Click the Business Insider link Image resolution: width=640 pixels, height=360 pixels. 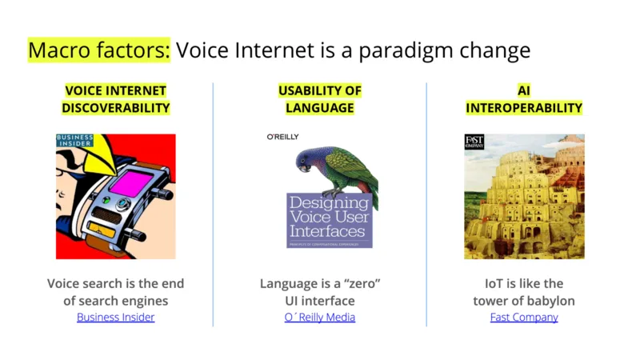click(115, 317)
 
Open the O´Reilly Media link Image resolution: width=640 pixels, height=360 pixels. click(319, 317)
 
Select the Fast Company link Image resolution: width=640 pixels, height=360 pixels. click(524, 317)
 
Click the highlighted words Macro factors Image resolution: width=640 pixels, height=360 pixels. click(98, 50)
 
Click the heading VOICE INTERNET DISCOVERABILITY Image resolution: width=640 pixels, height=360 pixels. click(115, 99)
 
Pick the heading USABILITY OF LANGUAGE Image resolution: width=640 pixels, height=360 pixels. click(319, 99)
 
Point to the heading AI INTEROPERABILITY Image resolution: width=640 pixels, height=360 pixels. click(524, 99)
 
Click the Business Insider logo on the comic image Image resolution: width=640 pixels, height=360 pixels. click(74, 141)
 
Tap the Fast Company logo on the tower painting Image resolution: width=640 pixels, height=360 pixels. click(474, 142)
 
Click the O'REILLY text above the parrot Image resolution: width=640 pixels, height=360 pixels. click(282, 137)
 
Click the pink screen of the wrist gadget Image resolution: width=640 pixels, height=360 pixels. click(131, 182)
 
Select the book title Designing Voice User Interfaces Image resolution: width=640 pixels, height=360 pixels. click(329, 217)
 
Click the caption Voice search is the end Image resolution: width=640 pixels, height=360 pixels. click(115, 283)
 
